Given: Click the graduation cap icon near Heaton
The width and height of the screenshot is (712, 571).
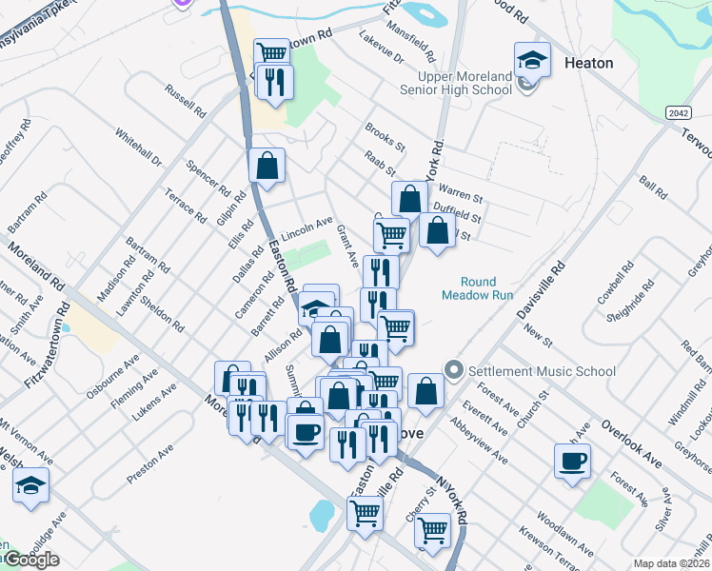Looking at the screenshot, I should (x=532, y=61).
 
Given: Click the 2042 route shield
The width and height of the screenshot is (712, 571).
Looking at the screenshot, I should (x=677, y=112).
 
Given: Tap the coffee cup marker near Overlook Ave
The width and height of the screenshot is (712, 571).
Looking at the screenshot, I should (x=573, y=462).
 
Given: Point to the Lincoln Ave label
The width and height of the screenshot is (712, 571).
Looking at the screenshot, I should (x=306, y=226).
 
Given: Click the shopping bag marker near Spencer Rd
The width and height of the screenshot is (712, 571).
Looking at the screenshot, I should (x=267, y=165).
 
